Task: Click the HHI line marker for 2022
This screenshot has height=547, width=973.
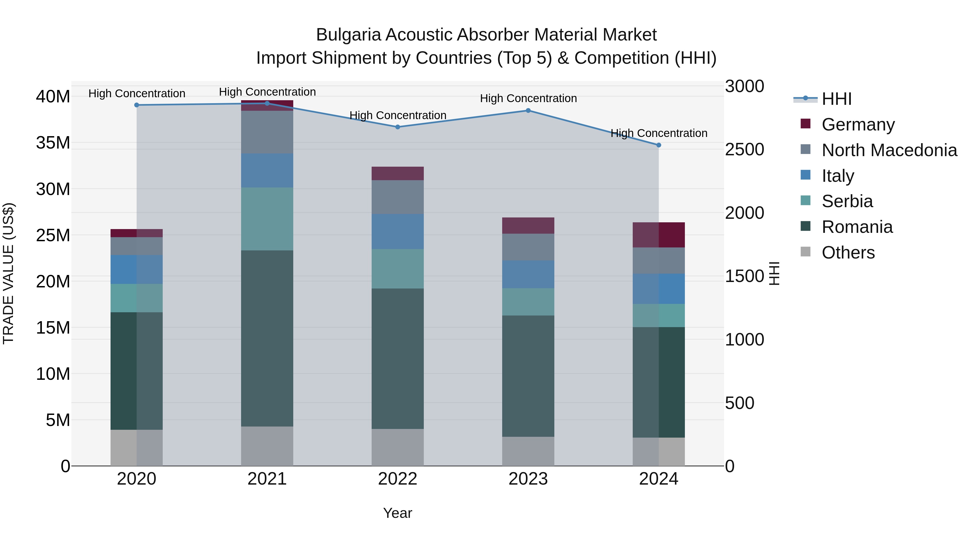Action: tap(397, 127)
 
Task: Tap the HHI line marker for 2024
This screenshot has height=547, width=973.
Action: tap(658, 145)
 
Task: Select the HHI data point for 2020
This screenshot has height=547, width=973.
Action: tap(137, 105)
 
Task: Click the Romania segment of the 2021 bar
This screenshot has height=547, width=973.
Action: tap(267, 338)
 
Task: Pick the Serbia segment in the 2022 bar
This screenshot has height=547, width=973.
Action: tap(397, 269)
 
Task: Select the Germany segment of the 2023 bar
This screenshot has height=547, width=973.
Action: tap(528, 225)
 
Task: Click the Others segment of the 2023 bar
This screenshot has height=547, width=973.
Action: tap(528, 451)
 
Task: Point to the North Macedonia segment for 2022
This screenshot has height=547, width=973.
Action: tap(397, 197)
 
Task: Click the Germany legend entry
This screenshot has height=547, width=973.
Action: tap(857, 125)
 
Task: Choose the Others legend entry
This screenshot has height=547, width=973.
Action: tap(848, 253)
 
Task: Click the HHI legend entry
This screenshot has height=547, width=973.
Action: tap(836, 99)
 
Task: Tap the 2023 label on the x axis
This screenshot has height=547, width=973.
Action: tap(528, 479)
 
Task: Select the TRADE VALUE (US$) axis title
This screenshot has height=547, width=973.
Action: tap(8, 273)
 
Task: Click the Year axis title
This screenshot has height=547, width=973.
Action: tap(397, 513)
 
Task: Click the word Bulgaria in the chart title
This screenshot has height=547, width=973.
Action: tap(348, 35)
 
